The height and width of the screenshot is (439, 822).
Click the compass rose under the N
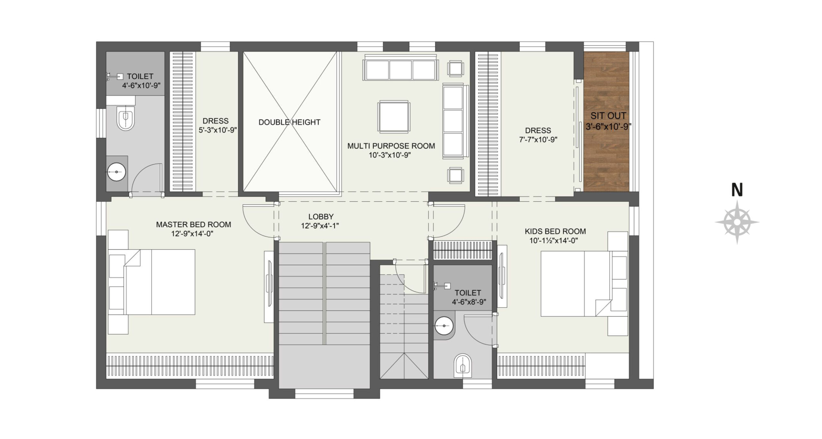point(737,222)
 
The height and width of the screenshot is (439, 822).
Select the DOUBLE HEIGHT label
point(289,122)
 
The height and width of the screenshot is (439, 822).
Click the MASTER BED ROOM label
point(193,225)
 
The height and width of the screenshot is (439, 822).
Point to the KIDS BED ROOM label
point(555,231)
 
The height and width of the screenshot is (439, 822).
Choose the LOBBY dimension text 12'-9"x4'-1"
point(320,226)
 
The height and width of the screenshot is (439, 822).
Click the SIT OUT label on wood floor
point(608,116)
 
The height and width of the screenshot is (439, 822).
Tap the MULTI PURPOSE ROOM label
point(391,146)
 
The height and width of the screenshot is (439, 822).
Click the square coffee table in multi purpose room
point(394,117)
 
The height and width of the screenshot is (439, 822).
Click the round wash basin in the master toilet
point(116,172)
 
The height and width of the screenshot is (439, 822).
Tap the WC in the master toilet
point(126,120)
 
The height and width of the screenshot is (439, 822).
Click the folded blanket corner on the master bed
point(132,258)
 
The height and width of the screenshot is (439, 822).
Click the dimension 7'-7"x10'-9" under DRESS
point(538,140)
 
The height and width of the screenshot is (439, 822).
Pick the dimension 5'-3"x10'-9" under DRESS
point(218,130)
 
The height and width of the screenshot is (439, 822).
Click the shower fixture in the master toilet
point(115,76)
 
